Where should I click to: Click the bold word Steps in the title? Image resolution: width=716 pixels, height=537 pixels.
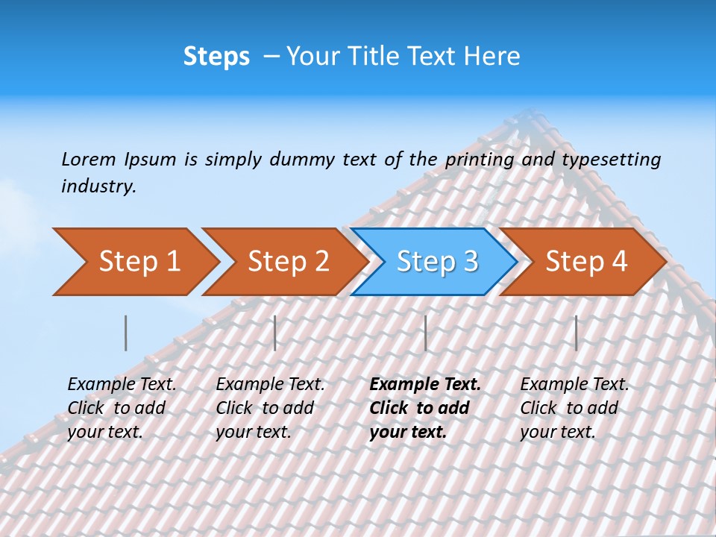point(216,57)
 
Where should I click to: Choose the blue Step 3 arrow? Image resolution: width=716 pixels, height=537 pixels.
point(437,262)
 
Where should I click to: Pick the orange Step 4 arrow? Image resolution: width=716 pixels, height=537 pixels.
point(586,262)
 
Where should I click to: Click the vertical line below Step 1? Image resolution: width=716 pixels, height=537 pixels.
point(125,333)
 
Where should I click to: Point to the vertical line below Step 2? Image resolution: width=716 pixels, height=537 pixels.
point(275,333)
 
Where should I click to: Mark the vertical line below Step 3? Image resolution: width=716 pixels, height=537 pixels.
point(425,333)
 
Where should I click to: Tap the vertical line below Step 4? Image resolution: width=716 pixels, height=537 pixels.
point(576,333)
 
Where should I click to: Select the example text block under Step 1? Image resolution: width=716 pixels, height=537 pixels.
point(122,408)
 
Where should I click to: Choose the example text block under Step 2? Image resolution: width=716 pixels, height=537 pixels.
point(270,408)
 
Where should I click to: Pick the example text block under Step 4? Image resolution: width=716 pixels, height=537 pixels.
point(574,408)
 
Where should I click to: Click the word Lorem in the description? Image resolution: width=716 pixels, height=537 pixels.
point(89,160)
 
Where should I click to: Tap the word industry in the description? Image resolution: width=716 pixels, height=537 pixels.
point(98,186)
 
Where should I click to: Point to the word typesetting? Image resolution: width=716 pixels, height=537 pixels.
point(611,160)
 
